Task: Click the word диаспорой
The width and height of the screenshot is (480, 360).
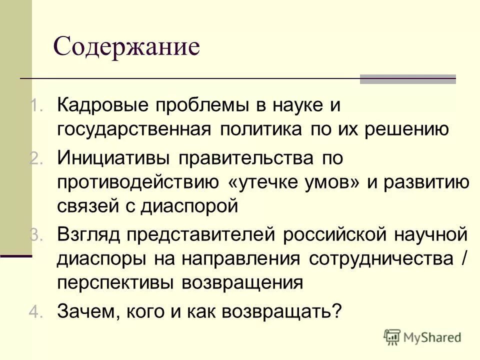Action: tap(180, 206)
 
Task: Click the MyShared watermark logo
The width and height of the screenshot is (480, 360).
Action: tap(422, 337)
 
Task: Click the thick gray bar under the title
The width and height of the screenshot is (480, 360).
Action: tap(408, 79)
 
